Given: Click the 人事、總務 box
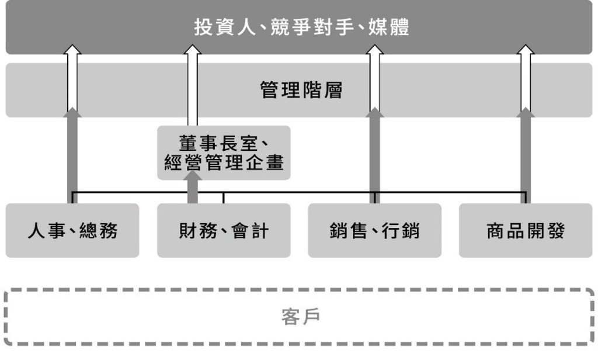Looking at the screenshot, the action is click(x=72, y=230).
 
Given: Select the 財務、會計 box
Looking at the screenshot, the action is click(x=224, y=230).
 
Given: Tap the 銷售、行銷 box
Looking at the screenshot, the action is click(x=375, y=230).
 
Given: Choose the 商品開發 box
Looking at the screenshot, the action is click(x=526, y=230).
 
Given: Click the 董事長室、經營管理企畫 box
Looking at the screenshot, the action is click(x=224, y=153).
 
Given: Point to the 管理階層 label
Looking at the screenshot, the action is click(x=301, y=90).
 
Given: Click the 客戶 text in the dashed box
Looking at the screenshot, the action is click(x=301, y=317).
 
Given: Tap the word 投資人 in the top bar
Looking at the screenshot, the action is click(x=225, y=27).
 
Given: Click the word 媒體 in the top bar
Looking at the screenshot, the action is click(x=389, y=27).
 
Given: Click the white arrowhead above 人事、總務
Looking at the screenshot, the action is click(x=72, y=49).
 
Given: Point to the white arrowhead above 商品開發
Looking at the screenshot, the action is click(x=526, y=49).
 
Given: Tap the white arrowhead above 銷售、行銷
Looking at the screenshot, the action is click(x=375, y=49).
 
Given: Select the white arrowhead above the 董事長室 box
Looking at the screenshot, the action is click(x=193, y=49).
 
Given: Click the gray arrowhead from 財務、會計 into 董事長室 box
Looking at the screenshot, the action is click(x=193, y=175).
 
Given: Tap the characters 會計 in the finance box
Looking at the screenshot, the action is click(x=250, y=231).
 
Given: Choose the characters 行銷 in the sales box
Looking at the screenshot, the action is click(x=401, y=231).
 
